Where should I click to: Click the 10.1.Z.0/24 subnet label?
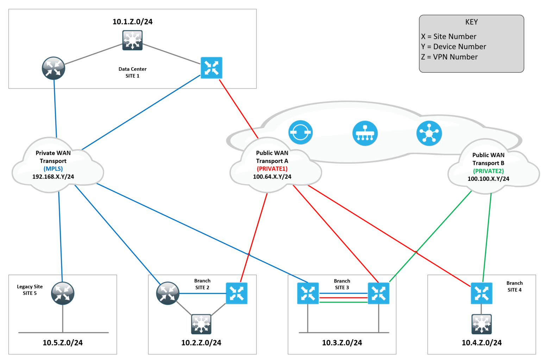pyautogui.click(x=132, y=21)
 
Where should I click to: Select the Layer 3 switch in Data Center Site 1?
pyautogui.click(x=132, y=40)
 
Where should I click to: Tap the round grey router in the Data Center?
pyautogui.click(x=54, y=68)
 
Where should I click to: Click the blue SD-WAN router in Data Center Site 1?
pyautogui.click(x=211, y=68)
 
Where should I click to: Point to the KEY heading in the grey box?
pyautogui.click(x=471, y=22)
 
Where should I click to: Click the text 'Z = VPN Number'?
pyautogui.click(x=449, y=57)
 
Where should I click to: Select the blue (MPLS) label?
pyautogui.click(x=53, y=169)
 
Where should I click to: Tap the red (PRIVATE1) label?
pyautogui.click(x=272, y=169)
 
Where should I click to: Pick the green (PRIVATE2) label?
pyautogui.click(x=488, y=171)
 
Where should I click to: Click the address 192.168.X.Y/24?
pyautogui.click(x=53, y=177)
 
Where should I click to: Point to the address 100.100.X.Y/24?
pyautogui.click(x=488, y=179)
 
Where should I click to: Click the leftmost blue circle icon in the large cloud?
pyautogui.click(x=300, y=133)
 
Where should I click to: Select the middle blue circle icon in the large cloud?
pyautogui.click(x=365, y=133)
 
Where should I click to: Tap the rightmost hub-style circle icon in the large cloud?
pyautogui.click(x=429, y=133)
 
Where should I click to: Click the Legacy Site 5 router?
pyautogui.click(x=63, y=293)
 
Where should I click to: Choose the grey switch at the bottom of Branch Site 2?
pyautogui.click(x=201, y=324)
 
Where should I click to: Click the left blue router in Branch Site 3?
pyautogui.click(x=308, y=293)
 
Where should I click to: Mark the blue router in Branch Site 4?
pyautogui.click(x=481, y=293)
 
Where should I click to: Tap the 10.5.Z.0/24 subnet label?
pyautogui.click(x=63, y=343)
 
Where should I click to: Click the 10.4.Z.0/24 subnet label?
pyautogui.click(x=481, y=343)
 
